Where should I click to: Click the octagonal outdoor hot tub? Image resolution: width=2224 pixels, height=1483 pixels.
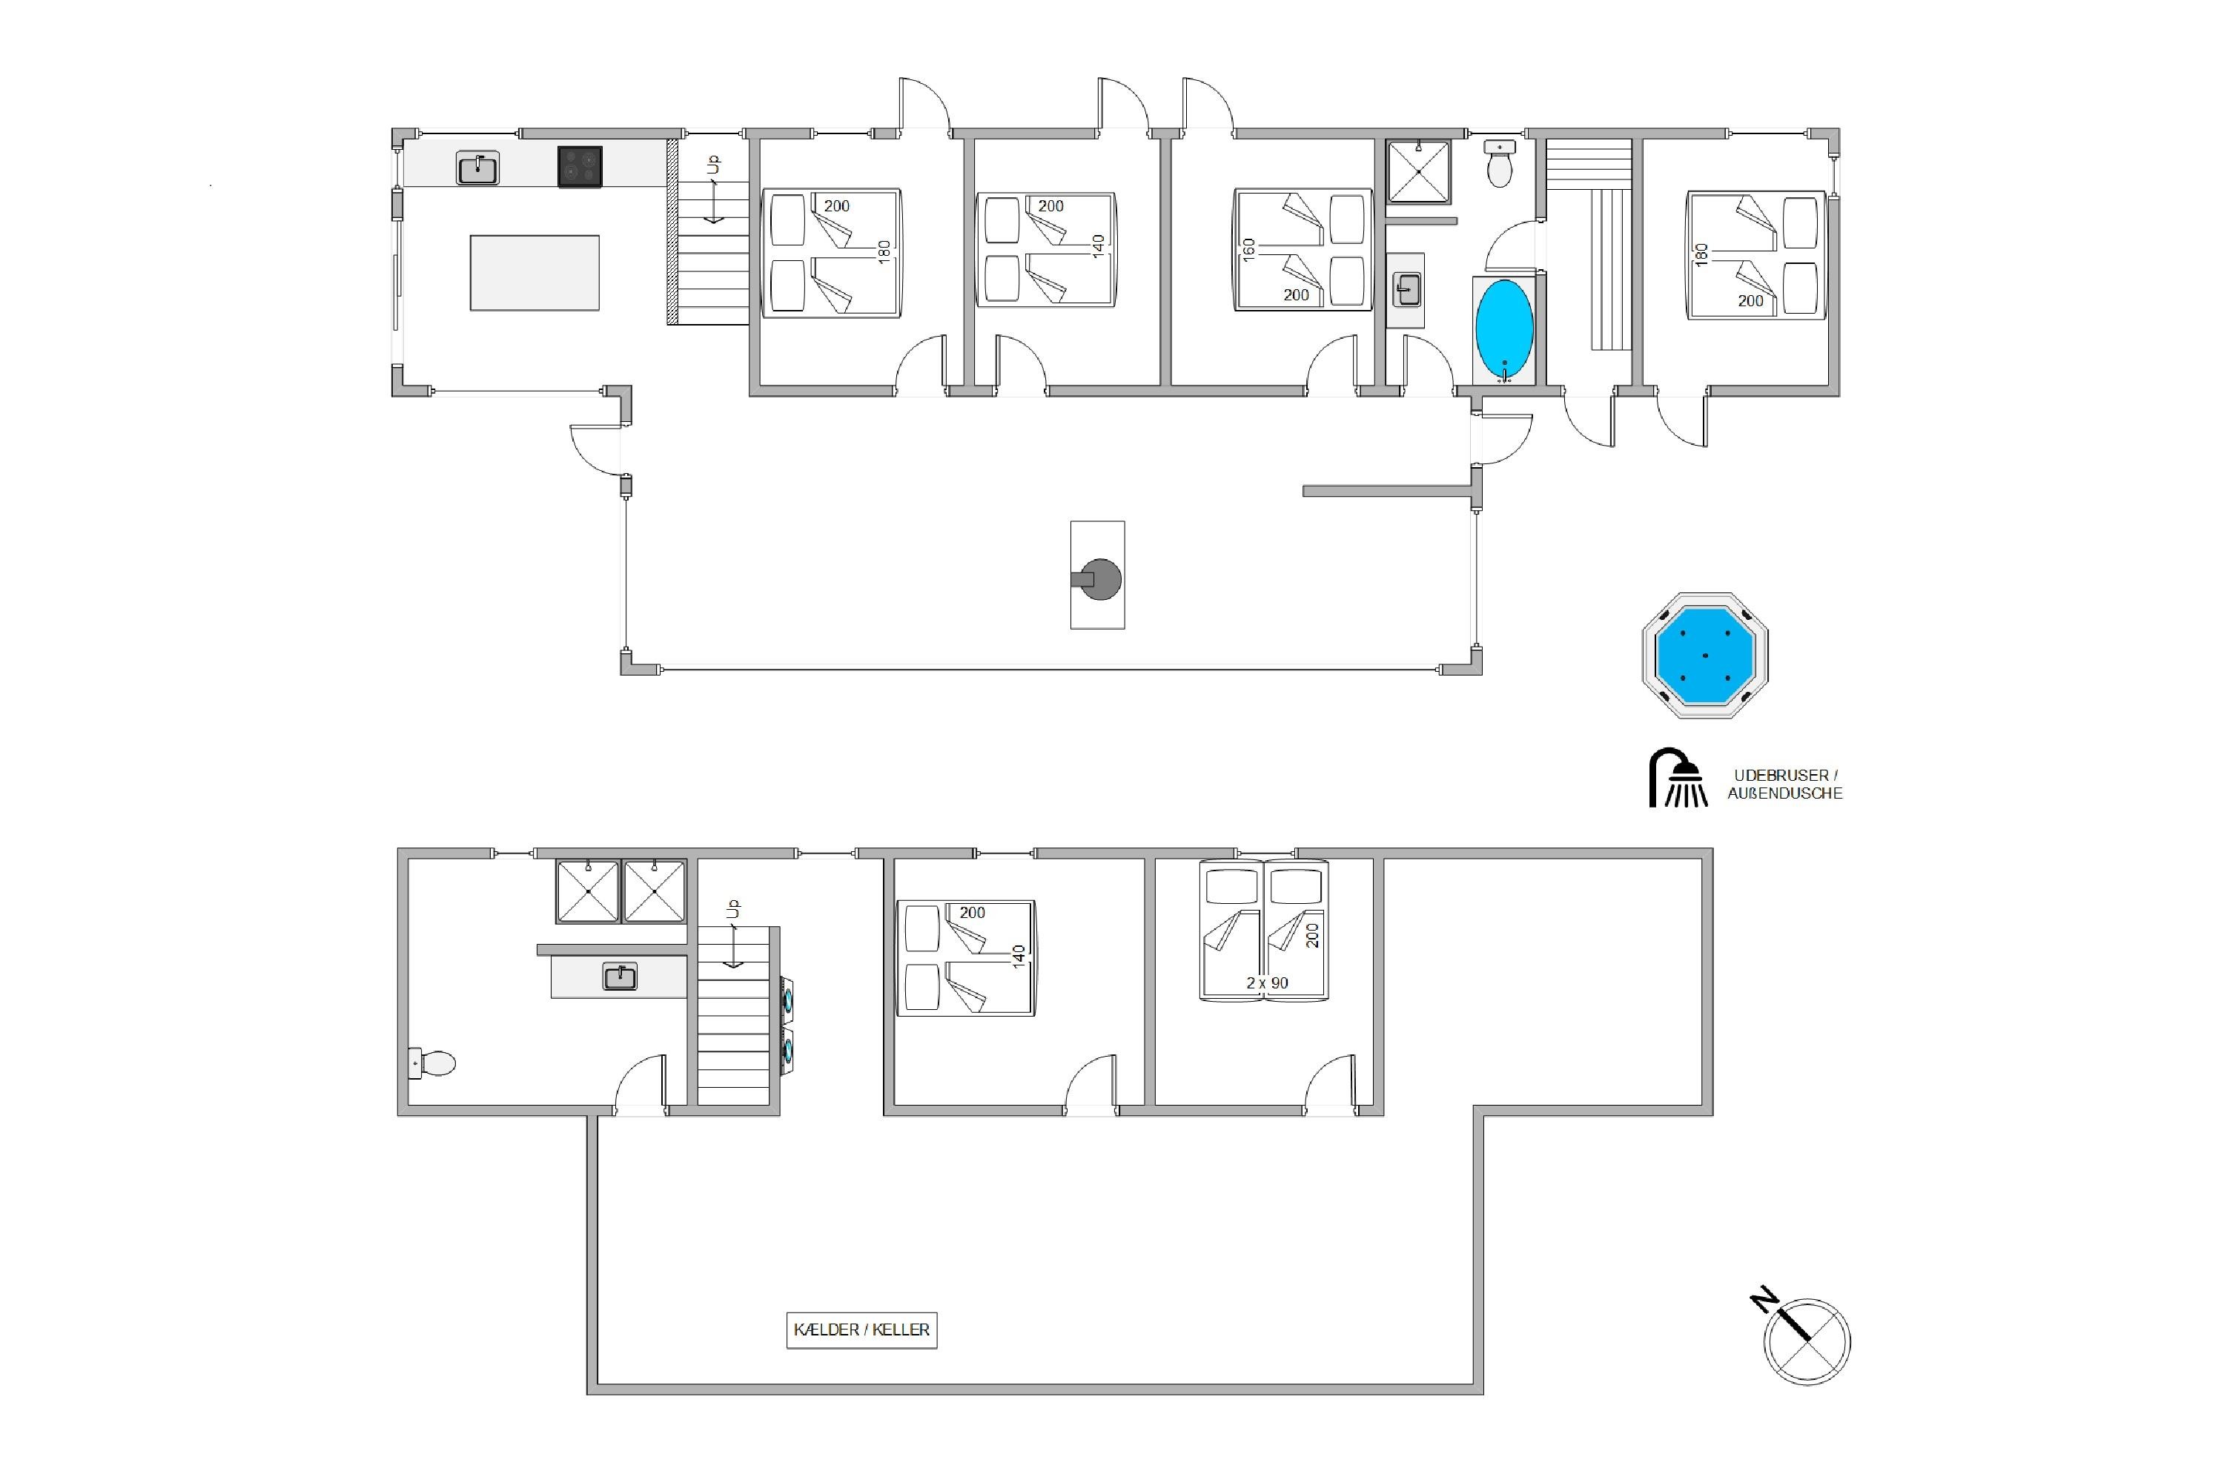pos(1705,655)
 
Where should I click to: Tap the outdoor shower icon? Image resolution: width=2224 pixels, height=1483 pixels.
pos(1678,779)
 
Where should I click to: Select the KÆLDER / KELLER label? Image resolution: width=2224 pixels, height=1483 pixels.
pos(861,1329)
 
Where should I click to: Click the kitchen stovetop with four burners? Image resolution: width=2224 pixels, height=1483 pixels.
pos(580,166)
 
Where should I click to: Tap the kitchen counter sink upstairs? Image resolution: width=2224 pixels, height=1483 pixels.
pos(477,168)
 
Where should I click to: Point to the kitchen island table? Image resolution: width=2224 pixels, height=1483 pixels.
pos(535,272)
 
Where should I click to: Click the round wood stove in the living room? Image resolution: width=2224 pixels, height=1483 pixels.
pos(1099,580)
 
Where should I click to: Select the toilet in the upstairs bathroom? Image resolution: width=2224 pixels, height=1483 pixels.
pos(1500,165)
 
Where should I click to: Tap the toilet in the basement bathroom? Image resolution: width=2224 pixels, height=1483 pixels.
pos(433,1063)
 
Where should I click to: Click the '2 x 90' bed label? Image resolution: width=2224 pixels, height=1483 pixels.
pos(1267,982)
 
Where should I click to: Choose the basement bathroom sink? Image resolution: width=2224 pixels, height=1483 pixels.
pos(620,977)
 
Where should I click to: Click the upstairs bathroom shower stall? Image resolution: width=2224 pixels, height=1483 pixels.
pos(1418,171)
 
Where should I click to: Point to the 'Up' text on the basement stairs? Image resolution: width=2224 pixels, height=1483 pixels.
pos(732,909)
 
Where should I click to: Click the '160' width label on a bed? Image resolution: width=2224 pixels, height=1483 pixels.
pos(1249,250)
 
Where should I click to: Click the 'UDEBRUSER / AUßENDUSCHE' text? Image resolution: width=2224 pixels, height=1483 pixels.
pos(1785,784)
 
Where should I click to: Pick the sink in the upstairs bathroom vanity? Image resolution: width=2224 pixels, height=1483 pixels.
pos(1407,289)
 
